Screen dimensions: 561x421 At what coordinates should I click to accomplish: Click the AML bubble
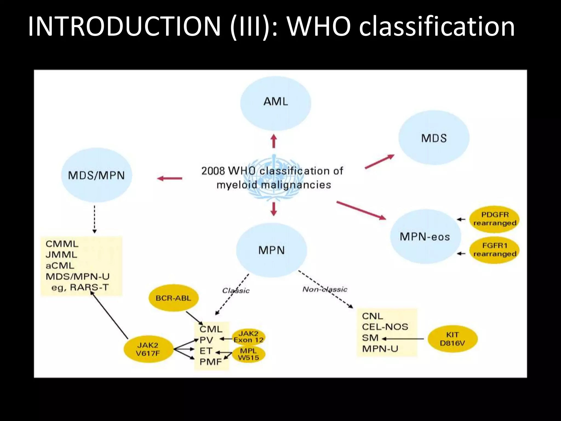tap(276, 103)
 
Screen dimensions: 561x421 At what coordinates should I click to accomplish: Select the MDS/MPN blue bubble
tap(96, 175)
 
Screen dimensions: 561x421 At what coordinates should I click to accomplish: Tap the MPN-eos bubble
tap(425, 237)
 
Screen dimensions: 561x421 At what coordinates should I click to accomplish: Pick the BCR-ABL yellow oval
tap(173, 298)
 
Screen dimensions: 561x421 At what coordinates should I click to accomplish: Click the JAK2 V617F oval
tap(148, 349)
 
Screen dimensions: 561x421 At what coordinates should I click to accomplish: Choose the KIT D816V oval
tap(453, 339)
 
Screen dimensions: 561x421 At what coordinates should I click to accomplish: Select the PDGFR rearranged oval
tap(495, 219)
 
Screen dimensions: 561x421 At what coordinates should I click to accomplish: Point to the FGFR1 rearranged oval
tap(495, 250)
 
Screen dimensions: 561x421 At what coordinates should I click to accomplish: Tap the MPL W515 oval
tap(248, 354)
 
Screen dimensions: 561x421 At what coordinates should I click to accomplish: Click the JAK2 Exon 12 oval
tap(248, 337)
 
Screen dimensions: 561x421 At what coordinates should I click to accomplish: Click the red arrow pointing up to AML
tap(274, 141)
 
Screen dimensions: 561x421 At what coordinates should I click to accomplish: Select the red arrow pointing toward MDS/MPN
tap(170, 178)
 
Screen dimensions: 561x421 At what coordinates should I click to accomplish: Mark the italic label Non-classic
tap(325, 289)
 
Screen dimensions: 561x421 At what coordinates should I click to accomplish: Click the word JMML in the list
tap(61, 255)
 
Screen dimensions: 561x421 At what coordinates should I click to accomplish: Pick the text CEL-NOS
tap(385, 327)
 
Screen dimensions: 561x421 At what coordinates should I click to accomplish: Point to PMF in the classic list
tap(211, 362)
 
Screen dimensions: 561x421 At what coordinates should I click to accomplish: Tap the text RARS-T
tap(89, 287)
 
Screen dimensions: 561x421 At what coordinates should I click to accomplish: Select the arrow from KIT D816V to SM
tap(403, 339)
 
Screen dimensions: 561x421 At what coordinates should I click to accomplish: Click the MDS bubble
tap(434, 138)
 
